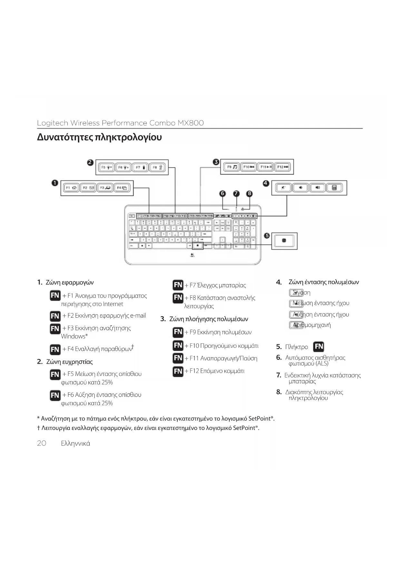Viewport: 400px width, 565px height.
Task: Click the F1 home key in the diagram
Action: click(71, 188)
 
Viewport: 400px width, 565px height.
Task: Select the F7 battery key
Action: click(140, 168)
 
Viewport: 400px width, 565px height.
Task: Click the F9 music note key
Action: click(231, 167)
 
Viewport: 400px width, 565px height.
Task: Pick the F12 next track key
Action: click(283, 167)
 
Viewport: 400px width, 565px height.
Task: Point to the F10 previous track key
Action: click(249, 167)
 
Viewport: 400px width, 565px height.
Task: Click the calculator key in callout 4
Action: click(334, 188)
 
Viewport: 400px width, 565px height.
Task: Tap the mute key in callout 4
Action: click(283, 188)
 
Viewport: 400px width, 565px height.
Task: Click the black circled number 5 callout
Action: click(267, 236)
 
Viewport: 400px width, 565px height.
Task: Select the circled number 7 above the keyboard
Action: click(236, 194)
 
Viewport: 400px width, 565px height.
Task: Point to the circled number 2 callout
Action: click(91, 162)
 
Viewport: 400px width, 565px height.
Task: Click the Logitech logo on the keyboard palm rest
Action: click(192, 256)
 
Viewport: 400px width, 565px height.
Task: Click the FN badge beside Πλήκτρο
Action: click(318, 347)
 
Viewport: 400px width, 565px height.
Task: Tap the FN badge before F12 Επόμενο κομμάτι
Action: click(178, 371)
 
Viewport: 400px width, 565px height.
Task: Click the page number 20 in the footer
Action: click(42, 443)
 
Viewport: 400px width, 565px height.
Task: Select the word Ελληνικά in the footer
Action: click(75, 444)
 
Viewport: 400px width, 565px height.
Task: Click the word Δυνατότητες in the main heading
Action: click(64, 137)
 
